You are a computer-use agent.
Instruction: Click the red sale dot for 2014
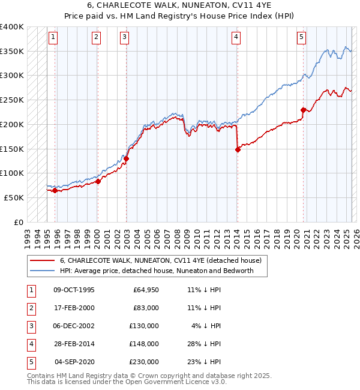pos(238,150)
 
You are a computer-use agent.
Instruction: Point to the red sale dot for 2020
pos(303,110)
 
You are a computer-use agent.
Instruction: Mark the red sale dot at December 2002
pos(127,158)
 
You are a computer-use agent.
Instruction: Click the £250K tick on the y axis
pos(13,100)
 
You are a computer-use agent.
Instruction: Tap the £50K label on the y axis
pos(14,197)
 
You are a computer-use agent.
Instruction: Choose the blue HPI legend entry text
pos(157,271)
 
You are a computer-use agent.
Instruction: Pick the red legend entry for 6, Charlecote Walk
pos(160,261)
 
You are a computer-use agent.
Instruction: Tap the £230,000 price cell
pos(143,362)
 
